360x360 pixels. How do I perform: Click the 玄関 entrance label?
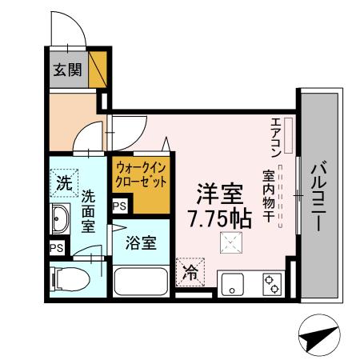pyautogui.click(x=67, y=69)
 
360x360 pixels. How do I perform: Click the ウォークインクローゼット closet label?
pyautogui.click(x=141, y=174)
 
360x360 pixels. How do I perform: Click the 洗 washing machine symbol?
pyautogui.click(x=62, y=183)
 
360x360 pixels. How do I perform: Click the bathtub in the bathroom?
pyautogui.click(x=141, y=282)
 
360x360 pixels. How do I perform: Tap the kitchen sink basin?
pyautogui.click(x=232, y=284)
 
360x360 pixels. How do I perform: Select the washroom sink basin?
pyautogui.click(x=59, y=218)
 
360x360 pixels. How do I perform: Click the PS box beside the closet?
pyautogui.click(x=119, y=206)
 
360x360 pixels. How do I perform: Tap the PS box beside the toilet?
pyautogui.click(x=56, y=248)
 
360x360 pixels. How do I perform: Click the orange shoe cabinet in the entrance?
pyautogui.click(x=98, y=69)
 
